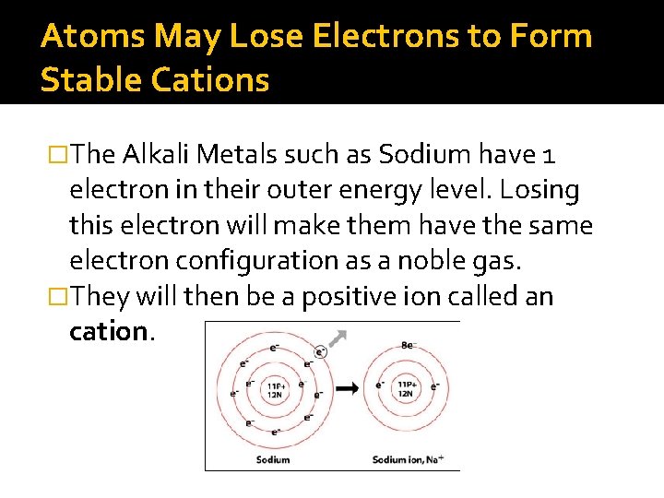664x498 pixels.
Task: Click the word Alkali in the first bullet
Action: (x=153, y=156)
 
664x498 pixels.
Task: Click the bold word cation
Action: (x=108, y=331)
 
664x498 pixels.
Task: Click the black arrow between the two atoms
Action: (x=349, y=388)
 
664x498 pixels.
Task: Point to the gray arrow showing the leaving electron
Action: (x=340, y=338)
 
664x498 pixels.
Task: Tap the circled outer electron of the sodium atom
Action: (x=320, y=351)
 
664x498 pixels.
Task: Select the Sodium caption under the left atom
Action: (x=273, y=459)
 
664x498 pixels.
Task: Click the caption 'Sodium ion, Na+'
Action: (x=414, y=459)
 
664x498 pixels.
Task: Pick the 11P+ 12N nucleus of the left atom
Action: (x=274, y=389)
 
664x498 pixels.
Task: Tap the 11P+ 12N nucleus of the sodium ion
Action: (x=407, y=388)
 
